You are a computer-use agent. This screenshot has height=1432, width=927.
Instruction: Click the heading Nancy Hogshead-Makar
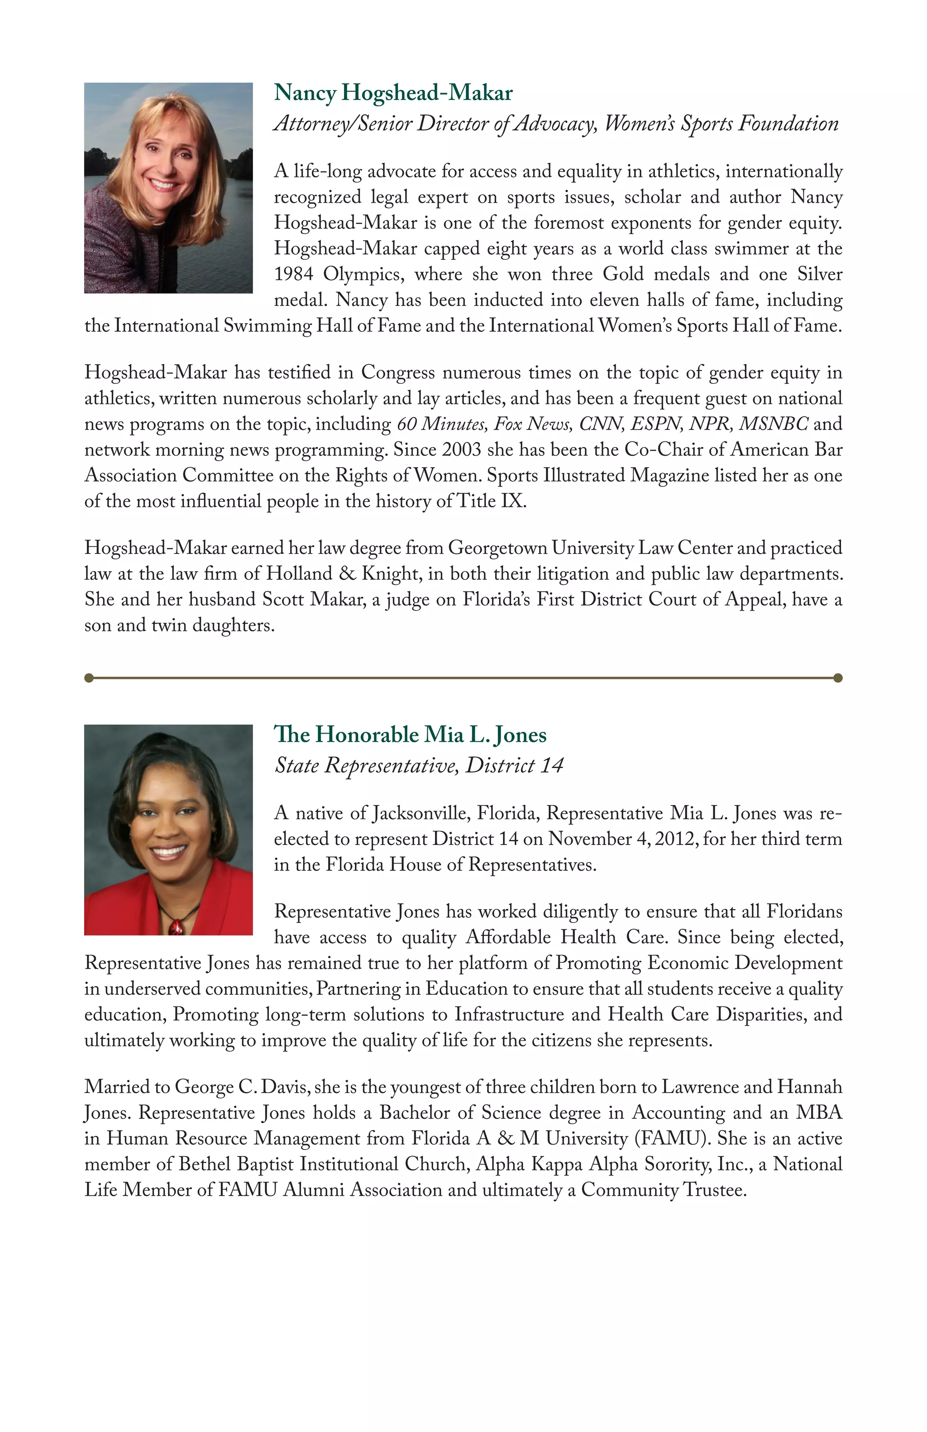(x=393, y=93)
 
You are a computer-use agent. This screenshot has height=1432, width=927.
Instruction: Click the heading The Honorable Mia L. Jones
(x=410, y=735)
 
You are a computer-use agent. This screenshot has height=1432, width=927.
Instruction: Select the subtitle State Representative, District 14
(x=419, y=765)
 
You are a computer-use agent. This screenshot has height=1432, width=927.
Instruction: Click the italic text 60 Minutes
(x=441, y=424)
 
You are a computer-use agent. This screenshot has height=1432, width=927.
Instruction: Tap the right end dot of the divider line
(x=838, y=678)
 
